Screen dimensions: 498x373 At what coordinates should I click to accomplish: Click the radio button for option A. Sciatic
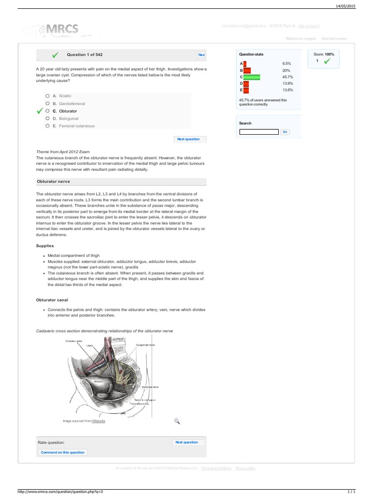tap(47, 96)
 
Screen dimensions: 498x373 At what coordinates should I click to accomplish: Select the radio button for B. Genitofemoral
tap(47, 104)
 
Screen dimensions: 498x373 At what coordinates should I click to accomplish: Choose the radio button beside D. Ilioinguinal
tap(47, 118)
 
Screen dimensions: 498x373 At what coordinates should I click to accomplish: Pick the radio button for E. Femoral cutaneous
tap(47, 125)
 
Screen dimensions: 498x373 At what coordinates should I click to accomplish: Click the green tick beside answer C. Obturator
tap(40, 111)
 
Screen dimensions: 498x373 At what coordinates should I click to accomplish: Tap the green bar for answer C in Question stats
tap(252, 77)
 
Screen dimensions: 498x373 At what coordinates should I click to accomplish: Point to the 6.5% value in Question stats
tap(287, 64)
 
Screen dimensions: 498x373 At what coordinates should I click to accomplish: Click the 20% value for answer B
tap(286, 71)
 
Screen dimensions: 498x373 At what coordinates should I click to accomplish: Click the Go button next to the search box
tap(285, 132)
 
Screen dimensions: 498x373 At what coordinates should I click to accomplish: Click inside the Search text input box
tap(259, 132)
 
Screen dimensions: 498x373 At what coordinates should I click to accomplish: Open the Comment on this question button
tap(63, 452)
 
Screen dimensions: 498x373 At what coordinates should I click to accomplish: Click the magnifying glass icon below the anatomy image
tap(177, 421)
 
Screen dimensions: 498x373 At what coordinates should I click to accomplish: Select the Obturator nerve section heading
tap(54, 181)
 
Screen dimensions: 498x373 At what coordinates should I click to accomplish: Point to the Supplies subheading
tap(45, 246)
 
